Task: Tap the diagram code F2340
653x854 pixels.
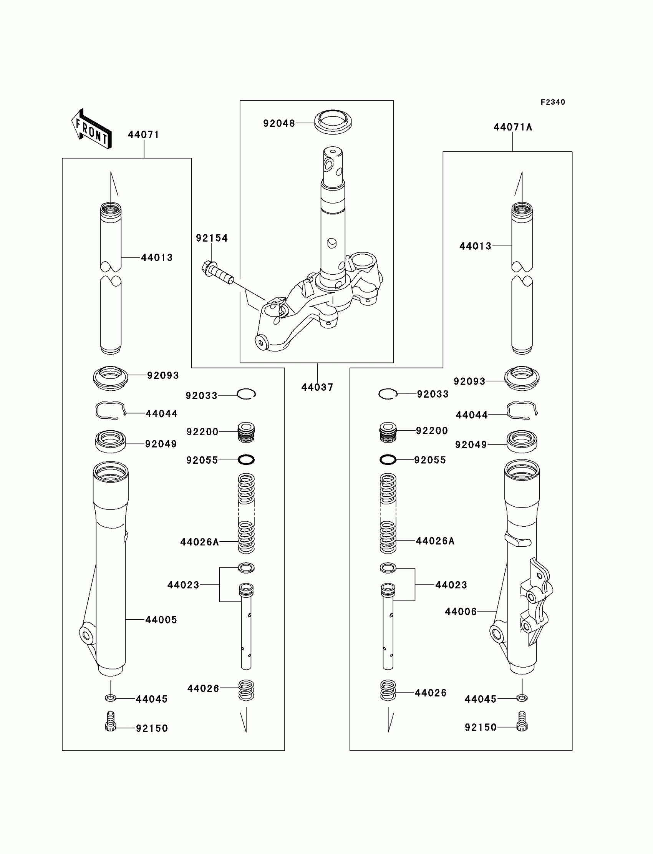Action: pos(553,102)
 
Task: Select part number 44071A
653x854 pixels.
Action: pos(513,127)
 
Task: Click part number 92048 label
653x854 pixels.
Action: pos(279,123)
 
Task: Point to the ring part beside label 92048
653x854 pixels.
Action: pos(333,122)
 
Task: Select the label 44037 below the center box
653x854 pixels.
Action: pos(317,387)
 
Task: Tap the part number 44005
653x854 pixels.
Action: pos(161,620)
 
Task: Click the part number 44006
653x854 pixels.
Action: pos(461,612)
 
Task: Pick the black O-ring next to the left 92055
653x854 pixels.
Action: pos(246,460)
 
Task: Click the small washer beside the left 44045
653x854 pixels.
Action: pos(111,698)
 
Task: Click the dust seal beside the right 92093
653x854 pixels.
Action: pos(522,378)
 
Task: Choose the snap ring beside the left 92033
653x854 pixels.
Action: pos(246,394)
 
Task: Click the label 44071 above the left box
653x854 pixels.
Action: pos(143,134)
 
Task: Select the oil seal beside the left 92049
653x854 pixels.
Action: pos(110,441)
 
